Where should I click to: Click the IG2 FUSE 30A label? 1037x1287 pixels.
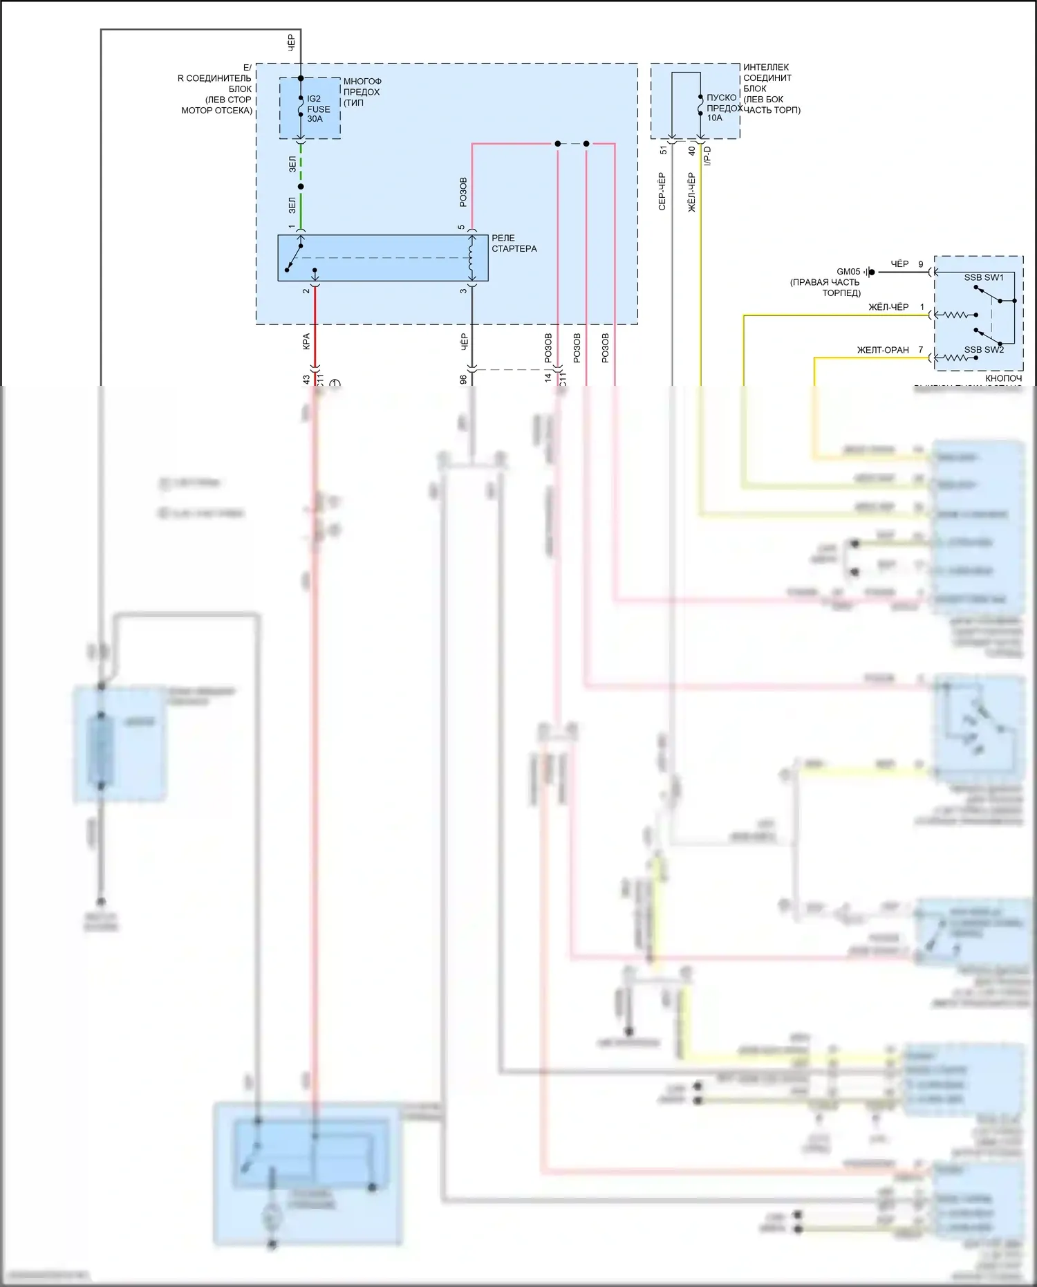point(318,109)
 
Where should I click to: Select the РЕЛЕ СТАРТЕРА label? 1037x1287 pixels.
point(514,243)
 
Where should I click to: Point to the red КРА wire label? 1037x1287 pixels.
point(306,342)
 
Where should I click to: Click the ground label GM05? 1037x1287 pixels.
point(848,272)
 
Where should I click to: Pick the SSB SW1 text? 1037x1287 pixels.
point(984,277)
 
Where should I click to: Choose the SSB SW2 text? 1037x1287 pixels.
point(984,350)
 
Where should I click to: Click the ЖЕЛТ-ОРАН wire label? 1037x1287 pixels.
point(883,350)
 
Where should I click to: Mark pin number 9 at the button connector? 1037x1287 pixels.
point(921,264)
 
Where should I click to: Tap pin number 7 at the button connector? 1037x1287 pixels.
point(921,350)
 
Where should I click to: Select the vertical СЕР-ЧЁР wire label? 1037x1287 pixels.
point(662,192)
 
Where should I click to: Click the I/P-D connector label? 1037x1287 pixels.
point(707,156)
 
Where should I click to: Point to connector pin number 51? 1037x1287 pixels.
point(664,150)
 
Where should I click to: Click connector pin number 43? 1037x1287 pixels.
point(306,380)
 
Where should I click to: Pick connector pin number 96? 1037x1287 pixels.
point(463,380)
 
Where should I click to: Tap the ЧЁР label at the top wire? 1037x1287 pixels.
point(291,43)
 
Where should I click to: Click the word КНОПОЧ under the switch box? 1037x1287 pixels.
point(1003,378)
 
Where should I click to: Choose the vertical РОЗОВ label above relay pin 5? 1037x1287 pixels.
point(463,192)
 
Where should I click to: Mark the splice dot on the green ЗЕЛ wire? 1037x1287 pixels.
point(301,187)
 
